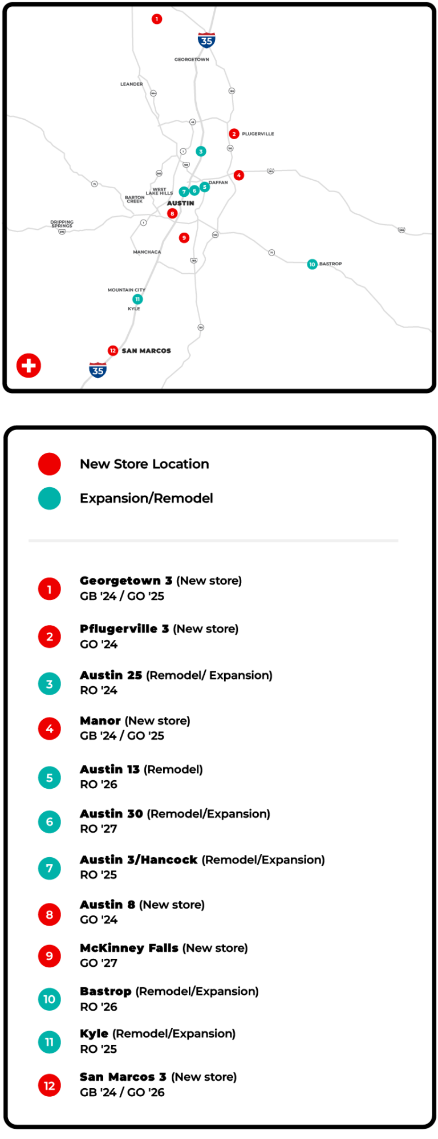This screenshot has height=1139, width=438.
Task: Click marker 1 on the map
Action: [x=157, y=19]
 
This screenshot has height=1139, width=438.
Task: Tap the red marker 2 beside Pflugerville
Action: [x=234, y=134]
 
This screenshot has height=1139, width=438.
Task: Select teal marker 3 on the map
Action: [x=201, y=151]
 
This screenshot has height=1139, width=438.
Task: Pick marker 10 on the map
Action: [x=312, y=264]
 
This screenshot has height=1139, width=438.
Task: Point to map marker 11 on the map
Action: [x=137, y=299]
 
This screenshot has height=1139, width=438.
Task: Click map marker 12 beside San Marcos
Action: [x=113, y=350]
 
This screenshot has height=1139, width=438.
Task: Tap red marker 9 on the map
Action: [x=184, y=238]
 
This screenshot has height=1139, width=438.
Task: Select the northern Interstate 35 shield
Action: [x=206, y=40]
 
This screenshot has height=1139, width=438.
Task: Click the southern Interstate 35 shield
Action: [x=98, y=370]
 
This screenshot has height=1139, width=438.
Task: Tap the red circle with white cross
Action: [x=29, y=366]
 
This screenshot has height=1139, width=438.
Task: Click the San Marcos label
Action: [x=147, y=351]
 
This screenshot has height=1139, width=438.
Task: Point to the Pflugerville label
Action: [x=258, y=134]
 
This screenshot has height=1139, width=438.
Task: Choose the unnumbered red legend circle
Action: [x=50, y=464]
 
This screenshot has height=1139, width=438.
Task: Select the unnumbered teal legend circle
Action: [x=50, y=498]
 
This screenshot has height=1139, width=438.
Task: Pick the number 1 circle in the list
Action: [x=50, y=589]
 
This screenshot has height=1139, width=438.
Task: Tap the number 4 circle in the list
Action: [x=50, y=728]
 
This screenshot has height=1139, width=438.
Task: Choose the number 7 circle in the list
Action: [x=50, y=869]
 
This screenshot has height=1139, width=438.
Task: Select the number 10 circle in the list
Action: [x=50, y=999]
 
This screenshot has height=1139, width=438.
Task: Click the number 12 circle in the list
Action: [x=50, y=1085]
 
